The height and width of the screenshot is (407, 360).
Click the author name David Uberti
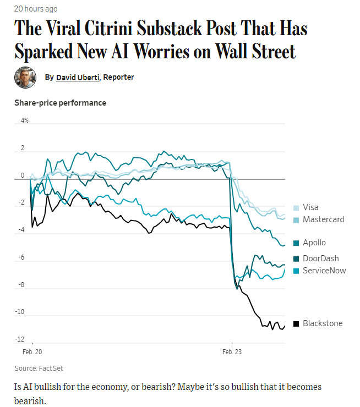click(78, 78)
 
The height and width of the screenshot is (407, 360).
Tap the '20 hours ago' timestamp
click(36, 9)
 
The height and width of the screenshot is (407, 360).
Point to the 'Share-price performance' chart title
click(60, 103)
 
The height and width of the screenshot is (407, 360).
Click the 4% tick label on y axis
click(25, 120)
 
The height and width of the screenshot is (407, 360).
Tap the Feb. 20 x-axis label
click(32, 350)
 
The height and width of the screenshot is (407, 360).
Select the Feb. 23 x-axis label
click(232, 350)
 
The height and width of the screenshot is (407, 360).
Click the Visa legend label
click(310, 207)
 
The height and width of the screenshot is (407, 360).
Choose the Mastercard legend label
click(323, 219)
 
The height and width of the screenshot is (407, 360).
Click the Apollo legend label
click(314, 243)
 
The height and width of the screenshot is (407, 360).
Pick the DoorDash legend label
click(320, 258)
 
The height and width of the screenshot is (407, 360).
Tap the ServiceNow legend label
click(324, 271)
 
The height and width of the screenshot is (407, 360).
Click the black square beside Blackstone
click(296, 323)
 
